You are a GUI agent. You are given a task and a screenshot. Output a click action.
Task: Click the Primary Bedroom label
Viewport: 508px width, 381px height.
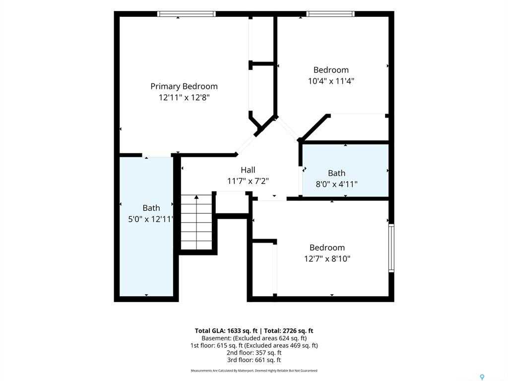[x=184, y=86]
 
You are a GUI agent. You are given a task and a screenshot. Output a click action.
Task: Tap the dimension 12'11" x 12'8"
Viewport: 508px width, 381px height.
[x=185, y=97]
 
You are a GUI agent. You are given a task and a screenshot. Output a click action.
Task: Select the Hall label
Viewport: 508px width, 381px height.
[x=248, y=170]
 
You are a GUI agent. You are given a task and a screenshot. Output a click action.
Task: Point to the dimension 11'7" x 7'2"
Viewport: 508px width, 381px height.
[x=248, y=181]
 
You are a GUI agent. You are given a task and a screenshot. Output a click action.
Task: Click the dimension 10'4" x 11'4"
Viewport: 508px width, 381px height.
[x=331, y=81]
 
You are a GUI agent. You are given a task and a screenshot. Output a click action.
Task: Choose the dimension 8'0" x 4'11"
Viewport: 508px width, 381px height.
[x=337, y=184]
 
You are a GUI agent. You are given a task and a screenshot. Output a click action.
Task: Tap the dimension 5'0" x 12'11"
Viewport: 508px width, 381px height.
[x=150, y=219]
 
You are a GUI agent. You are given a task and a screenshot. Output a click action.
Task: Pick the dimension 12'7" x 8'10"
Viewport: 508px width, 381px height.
[x=327, y=258]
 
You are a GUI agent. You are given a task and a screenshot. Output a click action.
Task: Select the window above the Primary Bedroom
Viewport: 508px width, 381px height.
[x=187, y=14]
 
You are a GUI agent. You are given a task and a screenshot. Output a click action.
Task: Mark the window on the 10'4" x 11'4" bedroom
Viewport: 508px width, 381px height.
[x=330, y=14]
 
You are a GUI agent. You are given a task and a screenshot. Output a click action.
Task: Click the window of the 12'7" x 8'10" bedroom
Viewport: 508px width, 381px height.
[x=391, y=248]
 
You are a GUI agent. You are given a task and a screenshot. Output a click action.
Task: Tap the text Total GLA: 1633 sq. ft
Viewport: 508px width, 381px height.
[x=226, y=331]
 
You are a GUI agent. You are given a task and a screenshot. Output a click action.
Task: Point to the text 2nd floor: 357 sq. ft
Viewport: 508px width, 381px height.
[x=254, y=353]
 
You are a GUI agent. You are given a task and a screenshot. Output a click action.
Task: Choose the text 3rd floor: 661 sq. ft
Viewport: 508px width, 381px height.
[x=254, y=360]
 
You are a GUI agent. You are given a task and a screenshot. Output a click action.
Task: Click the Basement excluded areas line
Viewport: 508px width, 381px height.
[x=254, y=338]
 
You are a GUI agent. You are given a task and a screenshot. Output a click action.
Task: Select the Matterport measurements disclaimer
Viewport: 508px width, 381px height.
[x=254, y=371]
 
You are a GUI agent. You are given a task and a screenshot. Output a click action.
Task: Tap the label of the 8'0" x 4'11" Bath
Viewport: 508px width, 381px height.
[x=337, y=173]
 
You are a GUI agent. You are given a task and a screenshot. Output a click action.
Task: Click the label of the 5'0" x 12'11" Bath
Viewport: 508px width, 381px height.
[x=151, y=208]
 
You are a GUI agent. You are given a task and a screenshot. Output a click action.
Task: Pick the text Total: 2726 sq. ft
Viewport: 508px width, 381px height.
[x=289, y=331]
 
